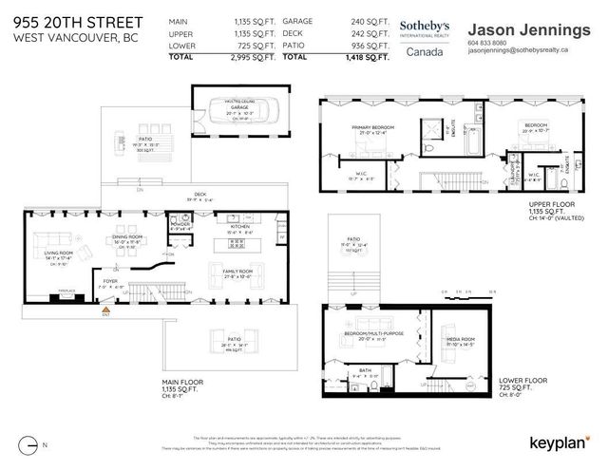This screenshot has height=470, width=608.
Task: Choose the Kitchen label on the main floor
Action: (239, 228)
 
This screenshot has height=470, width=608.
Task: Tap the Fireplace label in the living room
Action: (39, 290)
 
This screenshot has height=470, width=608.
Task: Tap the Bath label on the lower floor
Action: (366, 370)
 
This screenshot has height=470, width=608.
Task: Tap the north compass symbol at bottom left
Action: (35, 443)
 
